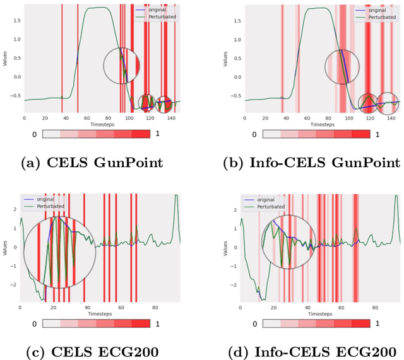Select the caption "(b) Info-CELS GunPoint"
311,163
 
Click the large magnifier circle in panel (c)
59,252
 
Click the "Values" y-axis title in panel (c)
5,248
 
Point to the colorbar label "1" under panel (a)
158,134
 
